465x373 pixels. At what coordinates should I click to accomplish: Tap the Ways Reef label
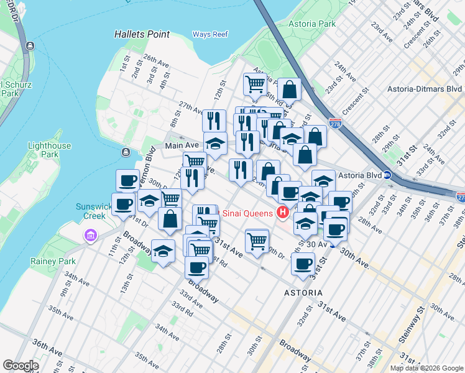tap(210, 34)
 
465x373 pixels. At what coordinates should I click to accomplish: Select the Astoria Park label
tap(312, 24)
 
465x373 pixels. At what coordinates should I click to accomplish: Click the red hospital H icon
tap(283, 213)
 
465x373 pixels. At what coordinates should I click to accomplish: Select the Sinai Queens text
tap(248, 214)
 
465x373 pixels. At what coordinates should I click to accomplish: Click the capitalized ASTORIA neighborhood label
tap(303, 292)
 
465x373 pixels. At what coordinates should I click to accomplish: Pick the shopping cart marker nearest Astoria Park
tap(255, 83)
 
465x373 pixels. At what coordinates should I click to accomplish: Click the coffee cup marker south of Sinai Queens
tap(303, 264)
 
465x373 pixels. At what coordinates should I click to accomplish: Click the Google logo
tap(21, 365)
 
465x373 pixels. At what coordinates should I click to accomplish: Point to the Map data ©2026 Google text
tap(426, 368)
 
